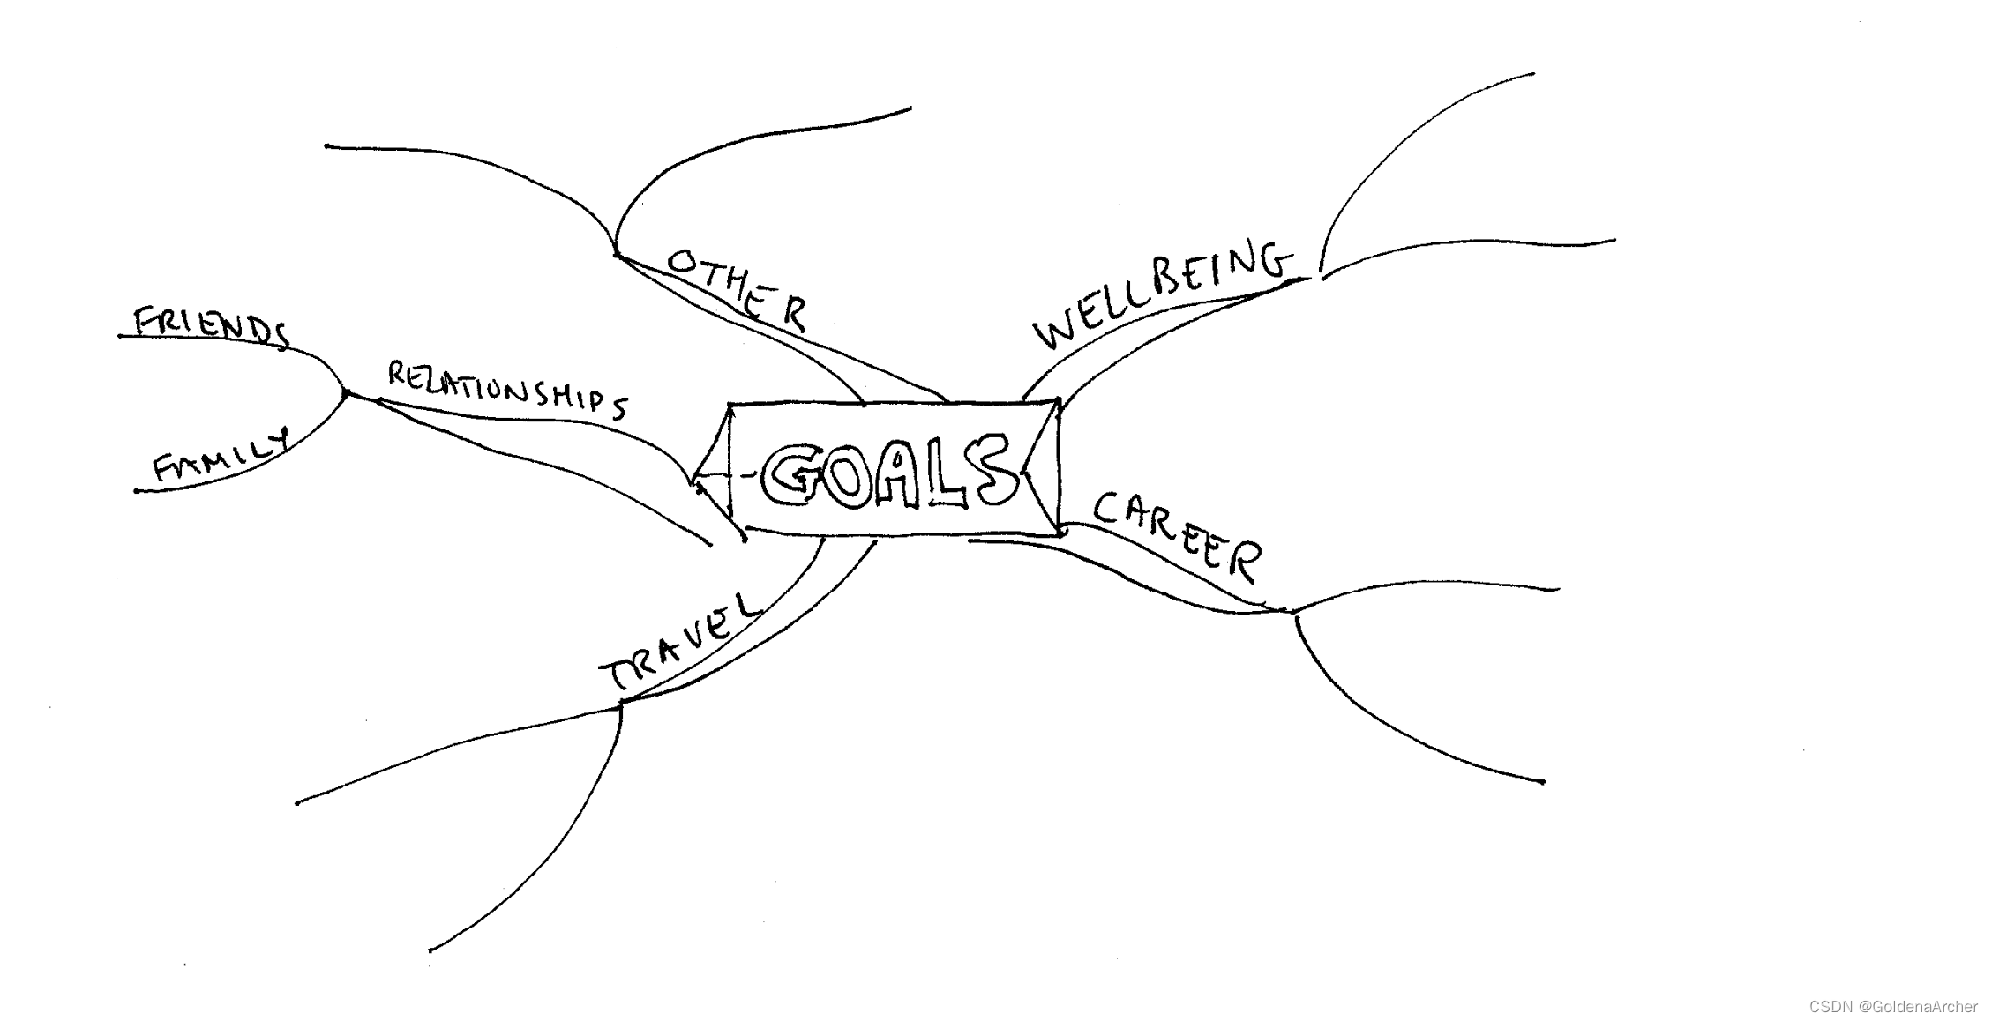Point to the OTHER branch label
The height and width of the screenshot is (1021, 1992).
coord(737,287)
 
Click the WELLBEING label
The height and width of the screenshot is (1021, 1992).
coord(1162,295)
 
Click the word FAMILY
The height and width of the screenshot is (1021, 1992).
coord(221,458)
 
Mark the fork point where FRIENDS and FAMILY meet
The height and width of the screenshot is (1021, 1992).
coord(345,393)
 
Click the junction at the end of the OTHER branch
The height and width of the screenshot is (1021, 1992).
coord(617,255)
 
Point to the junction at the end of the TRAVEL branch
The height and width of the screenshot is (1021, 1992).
coord(621,702)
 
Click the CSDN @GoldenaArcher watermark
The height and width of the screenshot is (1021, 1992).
coord(1893,1006)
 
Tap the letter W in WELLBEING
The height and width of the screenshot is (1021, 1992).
coord(1055,332)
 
